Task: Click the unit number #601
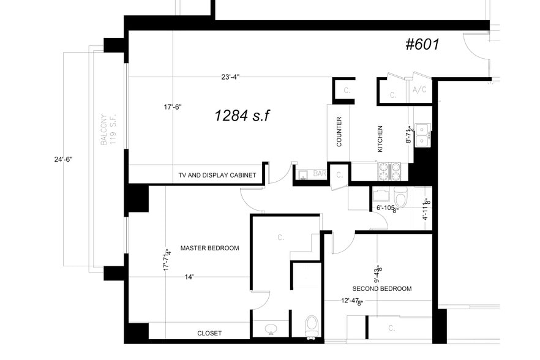[x=422, y=45]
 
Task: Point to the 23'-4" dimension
[x=230, y=77]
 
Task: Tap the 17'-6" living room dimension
[x=173, y=107]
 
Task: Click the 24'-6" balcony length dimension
[x=63, y=159]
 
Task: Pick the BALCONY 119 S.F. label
[x=108, y=130]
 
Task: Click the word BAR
[x=319, y=174]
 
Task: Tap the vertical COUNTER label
[x=339, y=132]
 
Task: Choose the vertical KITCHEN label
[x=380, y=139]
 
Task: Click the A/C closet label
[x=419, y=90]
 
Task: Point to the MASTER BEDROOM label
[x=209, y=248]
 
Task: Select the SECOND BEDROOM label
[x=381, y=288]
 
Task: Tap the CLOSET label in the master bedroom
[x=209, y=333]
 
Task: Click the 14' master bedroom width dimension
[x=189, y=277]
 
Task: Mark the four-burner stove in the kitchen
[x=389, y=171]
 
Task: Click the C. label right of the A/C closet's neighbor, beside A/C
[x=393, y=96]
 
